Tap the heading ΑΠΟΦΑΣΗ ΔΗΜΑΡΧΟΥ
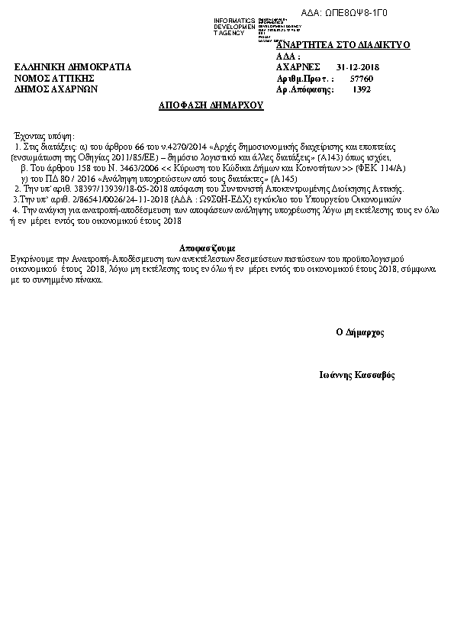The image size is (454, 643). pyautogui.click(x=211, y=105)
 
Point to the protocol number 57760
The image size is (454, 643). pyautogui.click(x=361, y=79)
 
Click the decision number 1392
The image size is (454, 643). pyautogui.click(x=362, y=89)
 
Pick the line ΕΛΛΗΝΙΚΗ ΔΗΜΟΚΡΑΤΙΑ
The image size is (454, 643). pyautogui.click(x=73, y=67)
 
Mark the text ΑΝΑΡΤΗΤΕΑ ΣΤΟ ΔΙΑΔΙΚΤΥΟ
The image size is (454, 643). pyautogui.click(x=343, y=45)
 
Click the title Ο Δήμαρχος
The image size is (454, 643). pyautogui.click(x=359, y=332)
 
